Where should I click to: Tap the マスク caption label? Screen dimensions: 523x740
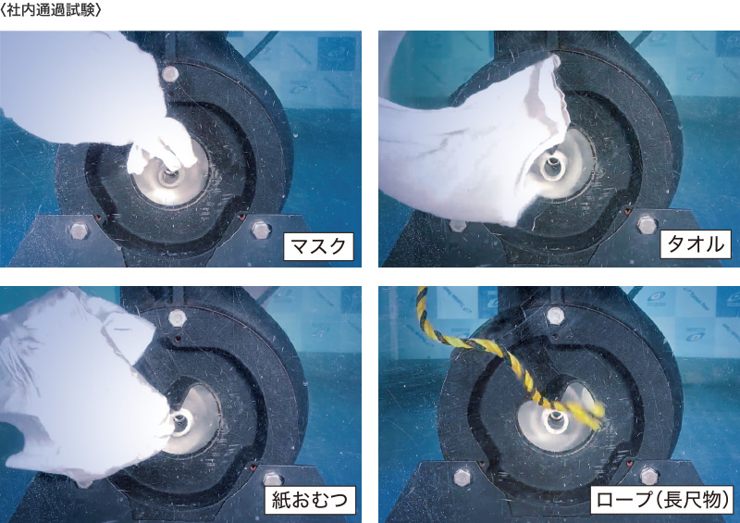click(318, 246)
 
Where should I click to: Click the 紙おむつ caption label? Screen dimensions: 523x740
click(312, 502)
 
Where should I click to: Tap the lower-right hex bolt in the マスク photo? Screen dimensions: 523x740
click(258, 228)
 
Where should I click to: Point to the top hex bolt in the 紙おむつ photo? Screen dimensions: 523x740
click(177, 318)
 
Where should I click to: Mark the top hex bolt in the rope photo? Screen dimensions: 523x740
click(555, 317)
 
